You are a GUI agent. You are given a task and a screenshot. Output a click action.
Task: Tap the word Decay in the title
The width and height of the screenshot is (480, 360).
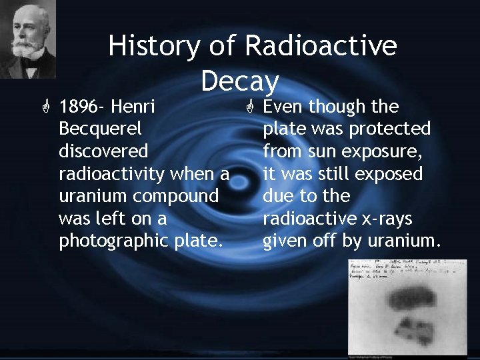[x=239, y=81]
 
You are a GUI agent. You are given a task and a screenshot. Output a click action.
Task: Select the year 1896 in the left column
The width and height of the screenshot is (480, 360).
[x=79, y=107]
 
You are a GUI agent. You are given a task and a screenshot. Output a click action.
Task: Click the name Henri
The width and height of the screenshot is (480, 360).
[x=133, y=107]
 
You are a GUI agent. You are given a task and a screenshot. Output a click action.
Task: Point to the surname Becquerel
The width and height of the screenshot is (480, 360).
[x=100, y=129]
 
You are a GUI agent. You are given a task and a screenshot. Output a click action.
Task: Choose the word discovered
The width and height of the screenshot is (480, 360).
[x=103, y=151]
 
